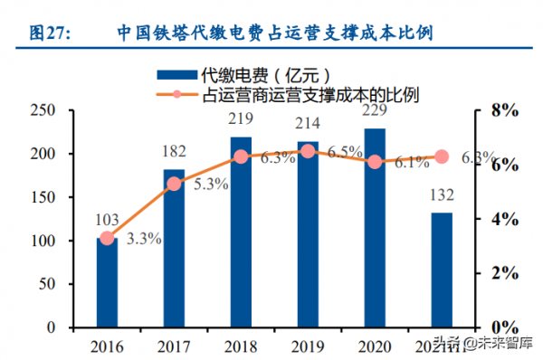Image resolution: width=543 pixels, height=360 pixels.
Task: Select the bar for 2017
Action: point(174,248)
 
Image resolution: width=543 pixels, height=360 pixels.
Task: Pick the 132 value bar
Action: point(442,270)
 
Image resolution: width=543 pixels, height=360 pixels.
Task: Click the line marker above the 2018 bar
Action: point(241,156)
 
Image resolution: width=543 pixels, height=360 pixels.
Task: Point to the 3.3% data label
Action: point(144,240)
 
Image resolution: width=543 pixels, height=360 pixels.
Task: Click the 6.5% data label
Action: point(345,153)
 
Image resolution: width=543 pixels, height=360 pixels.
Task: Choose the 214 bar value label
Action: point(308,123)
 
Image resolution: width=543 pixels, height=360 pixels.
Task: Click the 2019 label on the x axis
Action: point(308,346)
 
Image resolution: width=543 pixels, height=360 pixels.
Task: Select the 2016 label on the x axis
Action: point(108,346)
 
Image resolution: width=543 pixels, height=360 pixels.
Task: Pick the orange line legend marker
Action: point(177,93)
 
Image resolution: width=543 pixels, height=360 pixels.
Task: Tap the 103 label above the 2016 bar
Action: point(108,220)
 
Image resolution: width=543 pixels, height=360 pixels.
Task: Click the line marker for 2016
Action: point(108,239)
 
